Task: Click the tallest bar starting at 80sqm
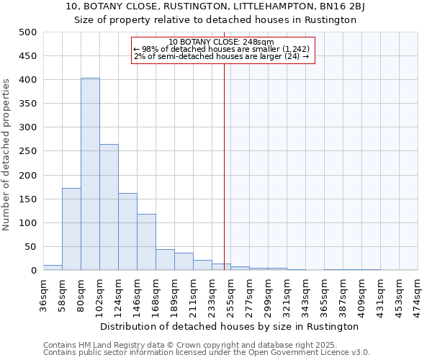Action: click(90, 174)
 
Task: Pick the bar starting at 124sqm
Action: click(127, 231)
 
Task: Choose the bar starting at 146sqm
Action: click(146, 242)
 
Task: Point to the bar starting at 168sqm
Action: click(165, 260)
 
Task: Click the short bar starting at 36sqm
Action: click(53, 268)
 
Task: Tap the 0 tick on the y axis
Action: click(34, 271)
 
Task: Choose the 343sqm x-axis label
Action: click(305, 293)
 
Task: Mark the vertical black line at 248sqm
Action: click(224, 166)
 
